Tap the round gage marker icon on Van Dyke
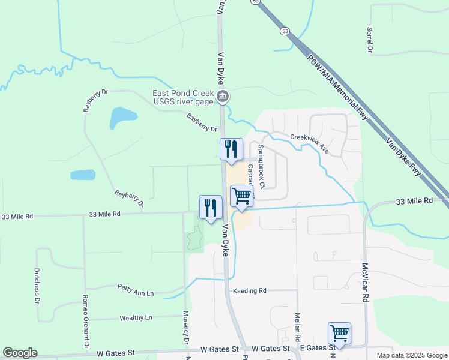point(222,97)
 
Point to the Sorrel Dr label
point(370,39)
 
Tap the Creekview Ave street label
point(309,143)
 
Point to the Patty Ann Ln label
point(136,290)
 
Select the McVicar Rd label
point(364,282)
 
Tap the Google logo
point(20,353)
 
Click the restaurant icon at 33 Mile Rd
point(210,208)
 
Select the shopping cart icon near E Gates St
point(339,333)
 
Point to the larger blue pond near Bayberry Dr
point(123,118)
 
